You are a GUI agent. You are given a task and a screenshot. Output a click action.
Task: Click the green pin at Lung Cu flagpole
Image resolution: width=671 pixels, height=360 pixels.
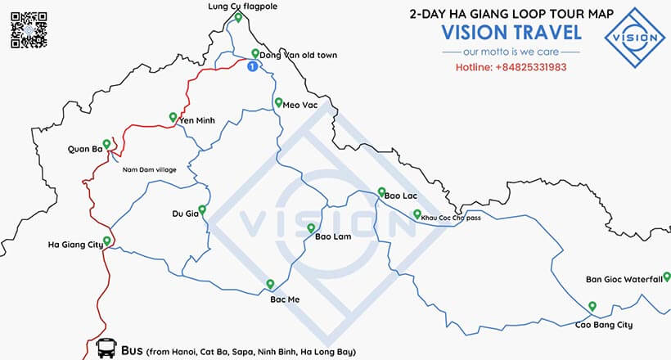coord(237,17)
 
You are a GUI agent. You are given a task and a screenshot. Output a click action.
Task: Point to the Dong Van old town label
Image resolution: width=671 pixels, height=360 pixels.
coord(298,56)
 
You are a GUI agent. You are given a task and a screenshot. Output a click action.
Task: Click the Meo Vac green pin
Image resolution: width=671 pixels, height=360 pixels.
coord(277,103)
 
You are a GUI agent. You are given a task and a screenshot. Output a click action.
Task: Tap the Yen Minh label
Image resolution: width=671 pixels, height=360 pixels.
coord(196,120)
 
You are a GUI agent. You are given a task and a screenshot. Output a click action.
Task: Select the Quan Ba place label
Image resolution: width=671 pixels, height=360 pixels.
coord(84,149)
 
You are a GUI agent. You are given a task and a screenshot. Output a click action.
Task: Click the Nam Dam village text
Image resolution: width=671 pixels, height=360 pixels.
coord(149,169)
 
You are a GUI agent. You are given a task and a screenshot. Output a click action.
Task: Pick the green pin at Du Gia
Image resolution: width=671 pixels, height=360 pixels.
coord(202,209)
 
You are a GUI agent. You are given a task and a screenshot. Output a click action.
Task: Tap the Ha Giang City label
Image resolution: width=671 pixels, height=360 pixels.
coord(75,244)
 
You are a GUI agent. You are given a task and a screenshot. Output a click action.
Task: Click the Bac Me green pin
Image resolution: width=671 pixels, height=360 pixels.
coord(270,284)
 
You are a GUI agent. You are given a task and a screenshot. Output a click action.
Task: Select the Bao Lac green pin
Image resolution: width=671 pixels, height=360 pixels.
coord(381,192)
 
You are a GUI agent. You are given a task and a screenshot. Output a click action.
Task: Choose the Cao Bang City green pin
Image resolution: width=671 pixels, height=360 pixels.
coord(592,307)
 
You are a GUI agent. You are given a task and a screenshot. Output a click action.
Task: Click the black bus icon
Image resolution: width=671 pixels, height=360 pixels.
coord(106,349)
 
